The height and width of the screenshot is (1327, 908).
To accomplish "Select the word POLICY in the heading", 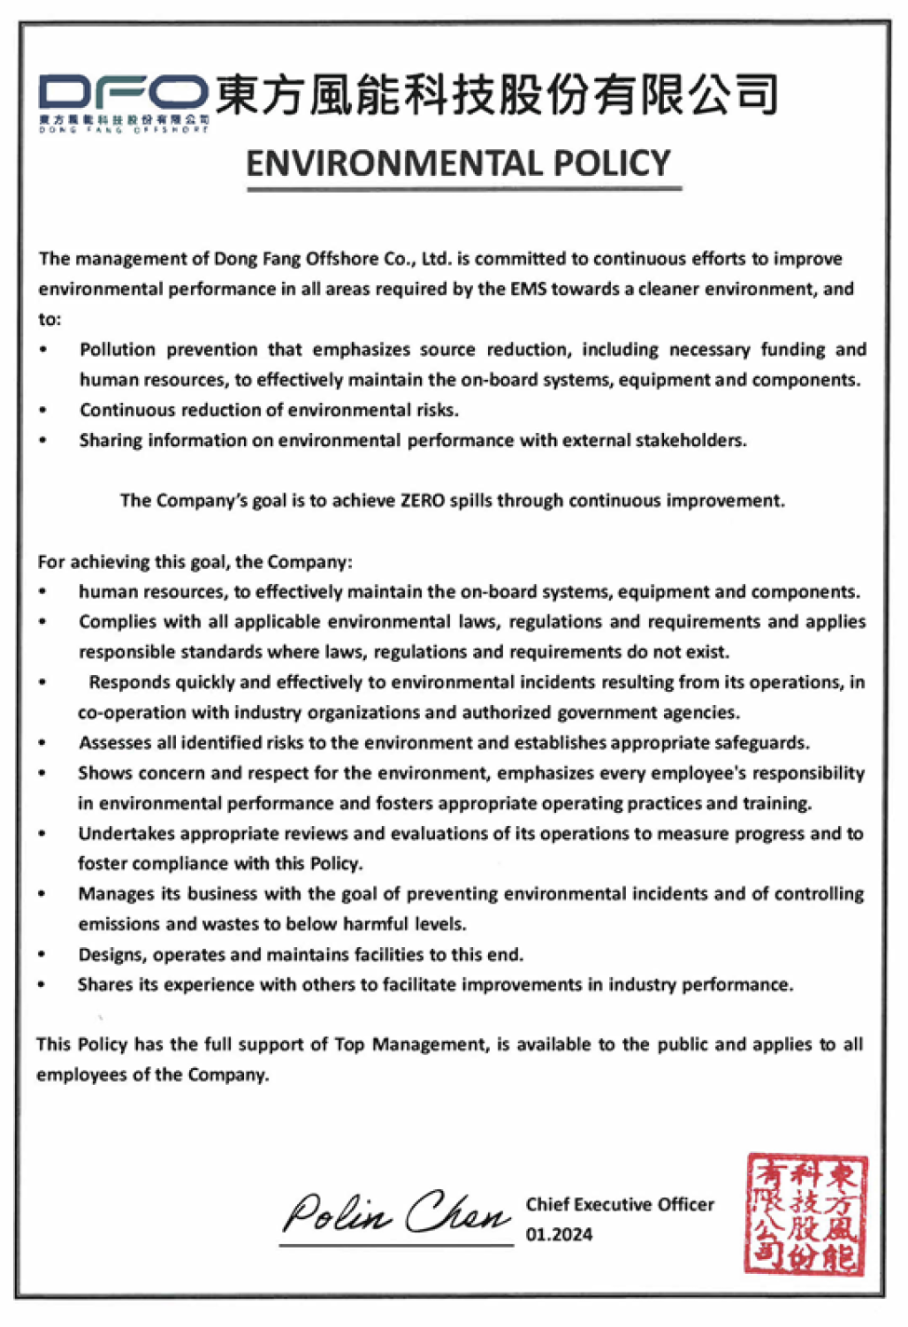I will click(x=612, y=164).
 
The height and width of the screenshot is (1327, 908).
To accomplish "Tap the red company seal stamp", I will click(x=806, y=1214).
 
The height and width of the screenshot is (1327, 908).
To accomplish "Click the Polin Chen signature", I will click(x=396, y=1213).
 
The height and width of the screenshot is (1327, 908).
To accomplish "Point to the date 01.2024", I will click(x=559, y=1235).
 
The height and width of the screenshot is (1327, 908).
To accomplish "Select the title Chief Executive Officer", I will click(x=620, y=1204).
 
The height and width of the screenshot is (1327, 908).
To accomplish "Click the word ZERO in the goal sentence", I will click(x=422, y=501).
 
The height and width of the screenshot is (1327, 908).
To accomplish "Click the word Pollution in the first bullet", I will click(x=117, y=350).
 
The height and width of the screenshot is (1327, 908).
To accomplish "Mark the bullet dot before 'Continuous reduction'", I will click(x=43, y=411).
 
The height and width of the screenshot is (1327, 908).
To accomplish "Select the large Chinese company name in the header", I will click(x=496, y=95).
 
